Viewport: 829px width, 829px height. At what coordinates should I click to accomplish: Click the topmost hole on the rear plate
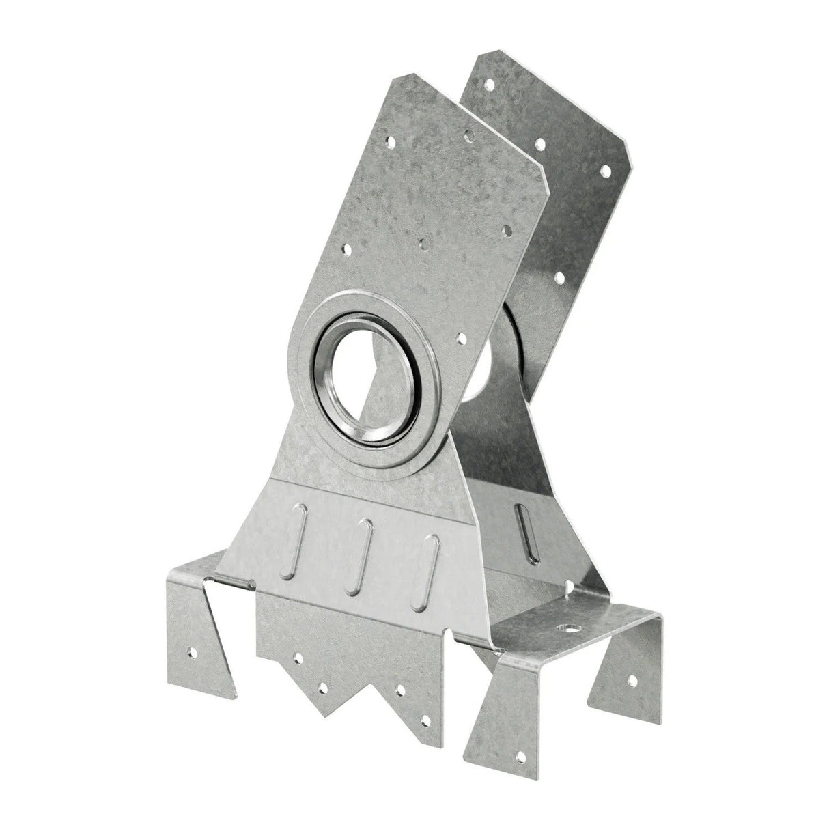[x=489, y=85]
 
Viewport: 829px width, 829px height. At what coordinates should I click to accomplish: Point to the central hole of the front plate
[x=425, y=242]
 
